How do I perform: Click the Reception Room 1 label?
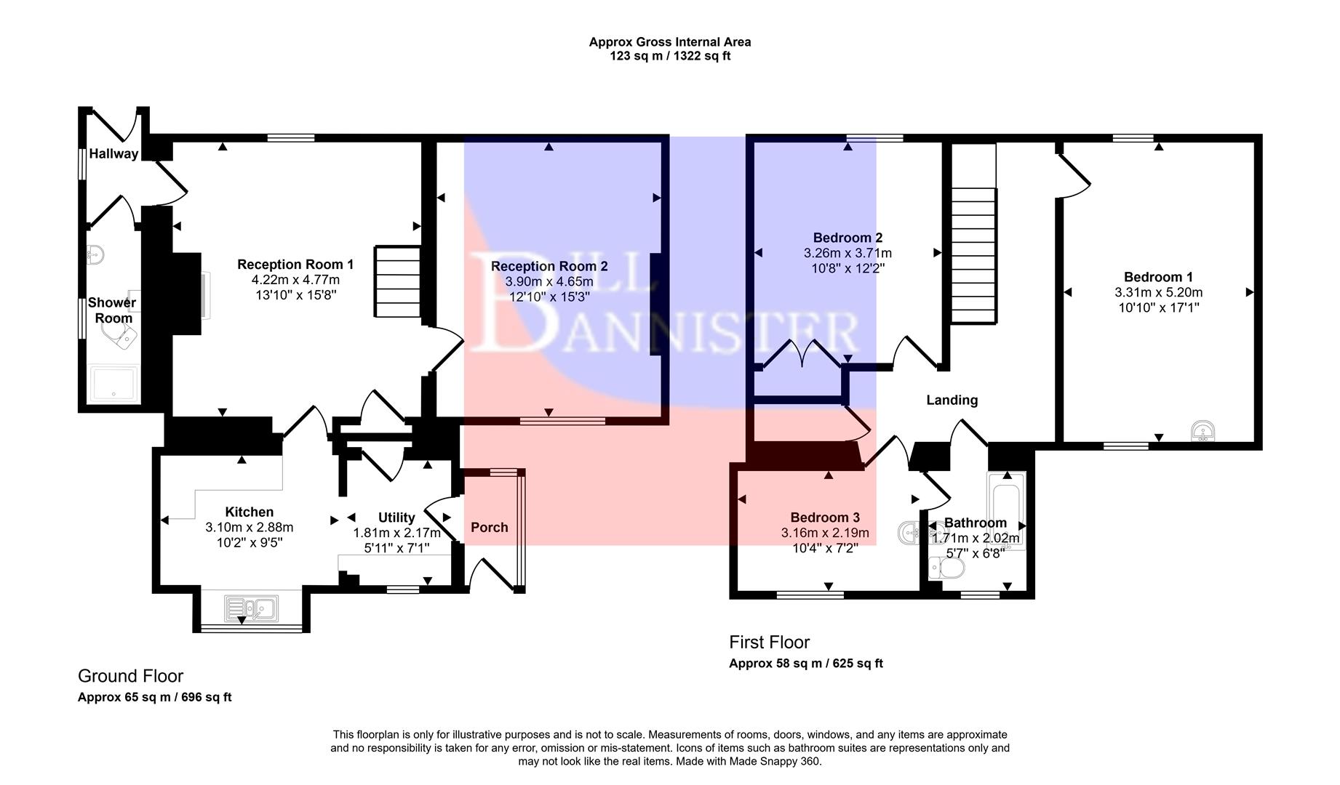tap(295, 265)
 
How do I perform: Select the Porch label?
tap(489, 527)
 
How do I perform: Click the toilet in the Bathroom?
tap(946, 569)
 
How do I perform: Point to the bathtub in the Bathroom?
tap(1007, 509)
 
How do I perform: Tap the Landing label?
tap(952, 400)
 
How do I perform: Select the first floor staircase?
tap(973, 254)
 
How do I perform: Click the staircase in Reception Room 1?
tap(397, 281)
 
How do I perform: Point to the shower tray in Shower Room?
tap(113, 384)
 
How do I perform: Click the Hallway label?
tap(113, 153)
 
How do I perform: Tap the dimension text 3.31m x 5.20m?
tap(1158, 292)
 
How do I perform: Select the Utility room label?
tap(396, 518)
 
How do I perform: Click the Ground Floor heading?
tap(130, 676)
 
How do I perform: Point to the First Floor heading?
tap(769, 642)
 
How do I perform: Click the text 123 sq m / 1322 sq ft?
tap(669, 56)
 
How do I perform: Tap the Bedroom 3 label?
tap(825, 518)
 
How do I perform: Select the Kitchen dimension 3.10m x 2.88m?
tap(249, 527)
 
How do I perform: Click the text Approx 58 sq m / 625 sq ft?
tap(805, 663)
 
